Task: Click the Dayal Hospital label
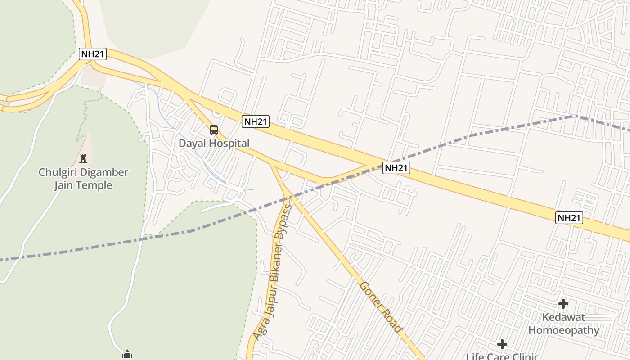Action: pyautogui.click(x=214, y=144)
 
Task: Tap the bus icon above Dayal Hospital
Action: pyautogui.click(x=214, y=130)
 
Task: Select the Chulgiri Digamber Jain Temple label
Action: pyautogui.click(x=83, y=179)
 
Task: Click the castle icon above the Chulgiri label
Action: pyautogui.click(x=83, y=158)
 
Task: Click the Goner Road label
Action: pyautogui.click(x=380, y=307)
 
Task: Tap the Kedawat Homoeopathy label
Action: pyautogui.click(x=563, y=324)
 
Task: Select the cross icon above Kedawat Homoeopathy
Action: pyautogui.click(x=563, y=304)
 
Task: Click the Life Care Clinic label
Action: pyautogui.click(x=502, y=356)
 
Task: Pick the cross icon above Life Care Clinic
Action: pyautogui.click(x=502, y=345)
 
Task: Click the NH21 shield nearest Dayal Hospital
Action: pyautogui.click(x=256, y=121)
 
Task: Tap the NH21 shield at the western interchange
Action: pyautogui.click(x=93, y=54)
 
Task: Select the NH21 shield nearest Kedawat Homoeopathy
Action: pyautogui.click(x=569, y=218)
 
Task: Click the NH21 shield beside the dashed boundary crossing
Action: pyautogui.click(x=396, y=168)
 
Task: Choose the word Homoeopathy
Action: pyautogui.click(x=563, y=330)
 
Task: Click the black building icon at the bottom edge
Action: pyautogui.click(x=127, y=355)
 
